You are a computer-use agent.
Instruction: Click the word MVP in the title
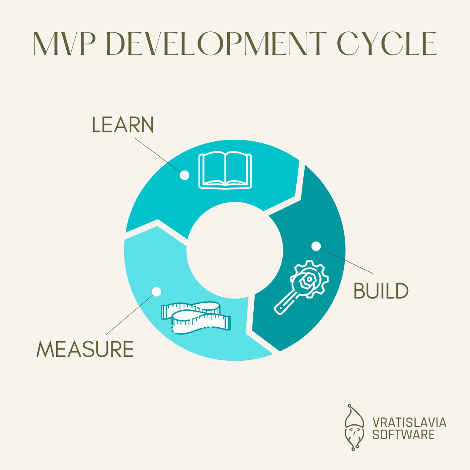64,44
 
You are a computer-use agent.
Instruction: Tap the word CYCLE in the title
387,44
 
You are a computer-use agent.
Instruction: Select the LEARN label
123,124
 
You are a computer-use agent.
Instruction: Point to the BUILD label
381,291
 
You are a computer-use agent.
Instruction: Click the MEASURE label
85,349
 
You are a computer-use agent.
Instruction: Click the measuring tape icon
196,318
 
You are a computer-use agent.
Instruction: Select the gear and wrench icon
301,287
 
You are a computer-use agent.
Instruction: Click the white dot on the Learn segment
185,175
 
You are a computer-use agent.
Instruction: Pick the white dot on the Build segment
316,246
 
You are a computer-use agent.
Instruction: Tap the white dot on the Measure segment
157,292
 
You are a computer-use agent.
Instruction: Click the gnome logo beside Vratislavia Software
354,427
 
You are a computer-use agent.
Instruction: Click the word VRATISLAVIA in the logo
409,423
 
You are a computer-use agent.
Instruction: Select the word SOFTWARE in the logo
403,434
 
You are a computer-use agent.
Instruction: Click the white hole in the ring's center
235,250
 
